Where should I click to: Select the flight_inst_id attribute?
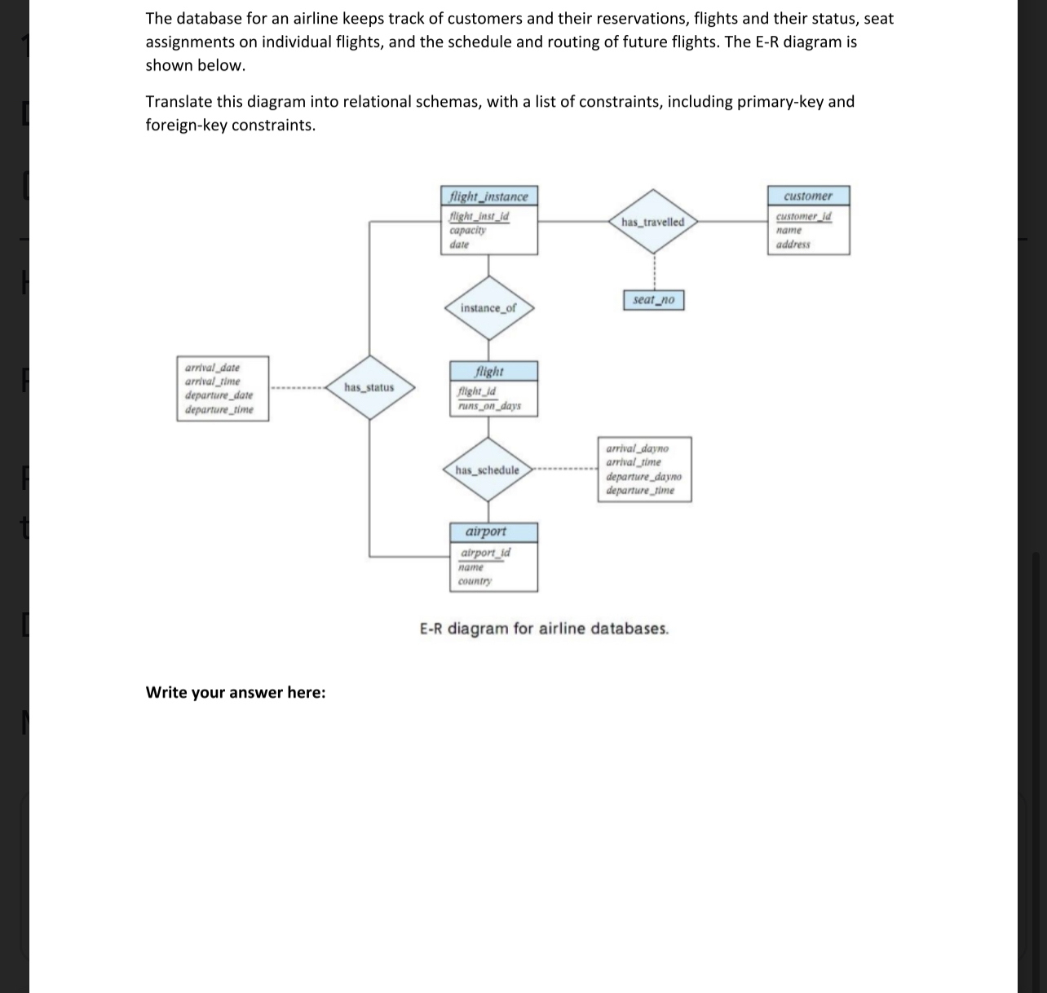point(479,217)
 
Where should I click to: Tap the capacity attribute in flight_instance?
point(468,230)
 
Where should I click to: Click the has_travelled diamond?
point(652,223)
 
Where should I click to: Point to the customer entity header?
point(808,196)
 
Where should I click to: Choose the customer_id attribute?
point(803,216)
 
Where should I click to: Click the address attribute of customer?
point(793,245)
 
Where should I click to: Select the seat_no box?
point(654,300)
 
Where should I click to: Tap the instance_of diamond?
point(488,308)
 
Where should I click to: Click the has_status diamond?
point(369,387)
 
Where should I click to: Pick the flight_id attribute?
point(477,391)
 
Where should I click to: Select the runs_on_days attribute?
point(489,406)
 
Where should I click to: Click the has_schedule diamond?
point(488,470)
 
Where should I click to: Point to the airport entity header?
point(486,532)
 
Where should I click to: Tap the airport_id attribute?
point(486,553)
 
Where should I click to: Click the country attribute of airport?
point(475,581)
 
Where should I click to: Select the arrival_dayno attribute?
point(637,448)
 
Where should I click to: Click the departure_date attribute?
point(219,395)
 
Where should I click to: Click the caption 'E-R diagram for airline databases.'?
point(544,629)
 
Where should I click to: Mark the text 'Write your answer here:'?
point(236,692)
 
